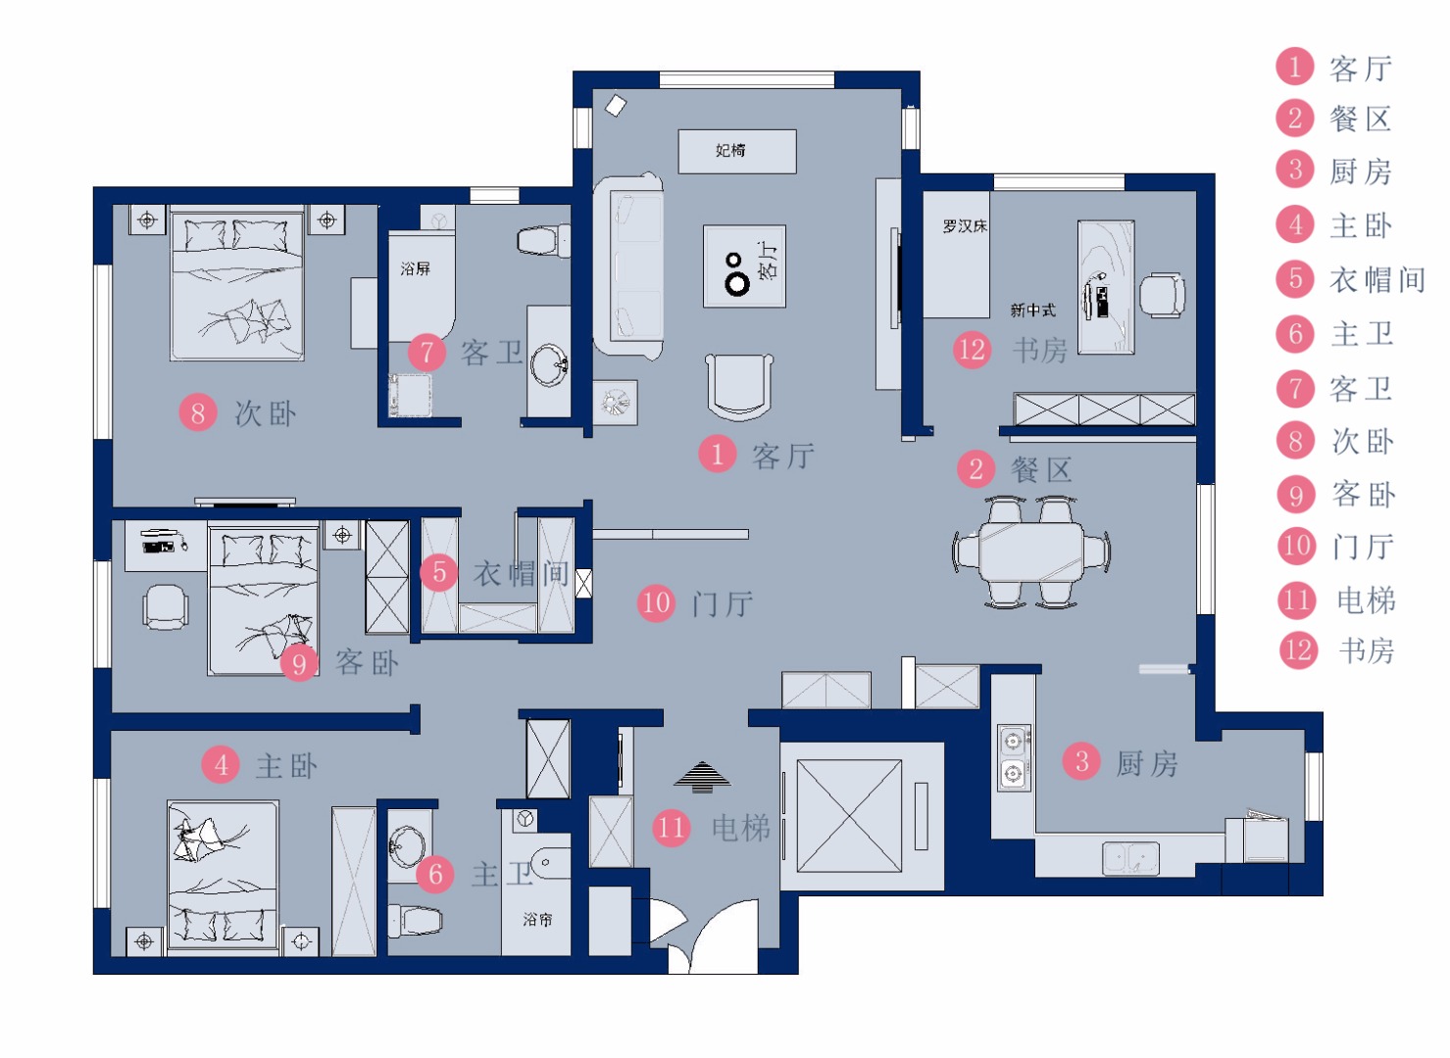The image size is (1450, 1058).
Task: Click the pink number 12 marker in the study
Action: [972, 350]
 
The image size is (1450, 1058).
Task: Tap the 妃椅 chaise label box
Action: [736, 151]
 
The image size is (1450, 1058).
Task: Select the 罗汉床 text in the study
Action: [965, 226]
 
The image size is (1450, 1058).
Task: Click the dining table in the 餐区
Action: [1030, 552]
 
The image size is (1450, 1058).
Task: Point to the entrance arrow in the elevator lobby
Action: [702, 777]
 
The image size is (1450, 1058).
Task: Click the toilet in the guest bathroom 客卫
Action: [544, 241]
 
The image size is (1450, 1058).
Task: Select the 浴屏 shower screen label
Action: [415, 268]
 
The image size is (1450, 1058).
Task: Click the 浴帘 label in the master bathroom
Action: [537, 919]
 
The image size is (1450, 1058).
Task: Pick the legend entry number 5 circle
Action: [1295, 279]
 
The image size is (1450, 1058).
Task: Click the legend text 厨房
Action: [1360, 171]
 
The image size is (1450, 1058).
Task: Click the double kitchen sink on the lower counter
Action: [1130, 858]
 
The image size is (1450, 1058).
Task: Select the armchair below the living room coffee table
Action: [739, 386]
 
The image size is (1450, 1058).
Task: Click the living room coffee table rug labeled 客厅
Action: [744, 266]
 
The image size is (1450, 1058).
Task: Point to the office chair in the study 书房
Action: [1163, 296]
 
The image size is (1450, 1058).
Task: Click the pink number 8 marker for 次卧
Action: [198, 412]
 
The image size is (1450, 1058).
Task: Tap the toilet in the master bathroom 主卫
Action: [415, 920]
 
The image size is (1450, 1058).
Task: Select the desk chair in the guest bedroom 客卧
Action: [166, 606]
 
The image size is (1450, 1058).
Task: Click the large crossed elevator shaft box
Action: [849, 816]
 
